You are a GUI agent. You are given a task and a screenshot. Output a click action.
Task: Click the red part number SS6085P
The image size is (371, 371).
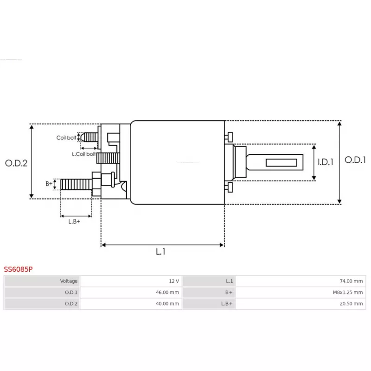18,269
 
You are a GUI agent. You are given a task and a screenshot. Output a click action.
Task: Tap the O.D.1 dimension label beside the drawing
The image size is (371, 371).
355,160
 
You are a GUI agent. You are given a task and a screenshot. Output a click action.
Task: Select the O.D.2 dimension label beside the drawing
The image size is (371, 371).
16,163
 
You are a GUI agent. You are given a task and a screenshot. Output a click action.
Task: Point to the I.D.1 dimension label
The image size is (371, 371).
326,162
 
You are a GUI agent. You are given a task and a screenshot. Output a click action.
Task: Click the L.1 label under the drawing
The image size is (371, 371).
160,251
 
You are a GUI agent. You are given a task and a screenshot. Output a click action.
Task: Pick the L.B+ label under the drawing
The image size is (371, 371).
74,222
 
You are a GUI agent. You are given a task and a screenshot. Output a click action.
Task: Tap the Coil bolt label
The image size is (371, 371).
66,138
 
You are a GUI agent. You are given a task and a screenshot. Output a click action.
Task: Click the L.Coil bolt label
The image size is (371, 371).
84,154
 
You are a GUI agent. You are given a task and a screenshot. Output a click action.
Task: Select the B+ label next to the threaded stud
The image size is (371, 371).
49,184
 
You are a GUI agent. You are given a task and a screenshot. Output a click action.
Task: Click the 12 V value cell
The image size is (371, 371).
131,281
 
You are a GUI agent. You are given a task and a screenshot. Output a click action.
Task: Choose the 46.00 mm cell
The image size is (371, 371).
131,293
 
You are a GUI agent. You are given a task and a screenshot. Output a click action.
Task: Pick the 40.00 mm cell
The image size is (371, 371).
131,304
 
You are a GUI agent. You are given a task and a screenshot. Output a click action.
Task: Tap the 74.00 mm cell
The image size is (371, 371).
301,281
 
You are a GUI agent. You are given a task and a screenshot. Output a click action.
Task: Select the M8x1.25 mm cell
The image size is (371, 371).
301,293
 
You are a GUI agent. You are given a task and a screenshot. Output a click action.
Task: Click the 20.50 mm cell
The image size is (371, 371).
301,304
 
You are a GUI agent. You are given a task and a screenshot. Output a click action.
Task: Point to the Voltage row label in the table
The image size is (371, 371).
69,281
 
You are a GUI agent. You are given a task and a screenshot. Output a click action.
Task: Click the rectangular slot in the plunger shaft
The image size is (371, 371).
281,163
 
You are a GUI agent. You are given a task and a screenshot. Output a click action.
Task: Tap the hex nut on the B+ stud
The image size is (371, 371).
96,184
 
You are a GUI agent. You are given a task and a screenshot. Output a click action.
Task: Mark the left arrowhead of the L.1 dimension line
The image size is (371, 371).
103,245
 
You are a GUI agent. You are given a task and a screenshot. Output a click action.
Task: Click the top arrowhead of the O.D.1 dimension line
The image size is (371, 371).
339,123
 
